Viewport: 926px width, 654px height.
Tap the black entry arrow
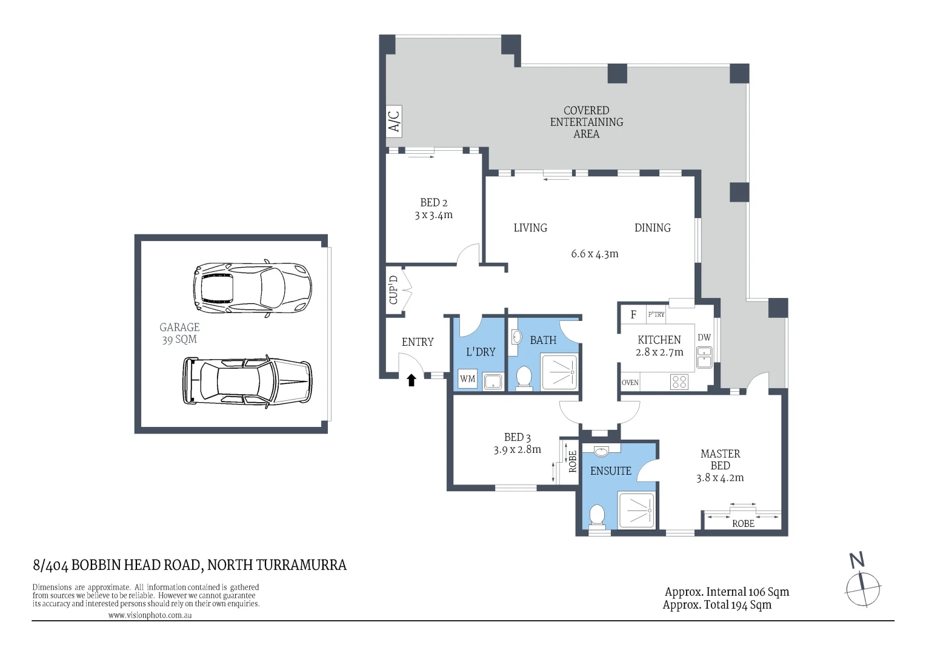coord(411,380)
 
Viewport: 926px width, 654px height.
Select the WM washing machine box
coord(468,379)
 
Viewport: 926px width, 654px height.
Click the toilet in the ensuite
coord(597,517)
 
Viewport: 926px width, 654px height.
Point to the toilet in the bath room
coord(524,378)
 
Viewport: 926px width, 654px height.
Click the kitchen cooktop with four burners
coord(679,381)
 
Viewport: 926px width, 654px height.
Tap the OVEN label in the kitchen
coord(630,383)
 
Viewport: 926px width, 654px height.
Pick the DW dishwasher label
coord(704,337)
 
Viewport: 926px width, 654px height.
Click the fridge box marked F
coord(634,314)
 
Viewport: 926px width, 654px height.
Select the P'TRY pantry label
coord(656,314)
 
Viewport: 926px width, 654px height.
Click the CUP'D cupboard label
coord(393,290)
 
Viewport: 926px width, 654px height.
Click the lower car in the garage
coord(247,381)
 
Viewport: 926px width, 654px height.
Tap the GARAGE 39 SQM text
coord(179,334)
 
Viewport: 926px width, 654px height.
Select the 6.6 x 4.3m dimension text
coord(595,254)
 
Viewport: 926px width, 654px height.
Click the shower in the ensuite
coord(636,510)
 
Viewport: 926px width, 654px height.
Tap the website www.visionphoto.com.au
coord(150,615)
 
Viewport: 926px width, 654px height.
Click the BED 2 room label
coord(434,209)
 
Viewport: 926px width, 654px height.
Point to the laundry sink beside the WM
coord(493,381)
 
